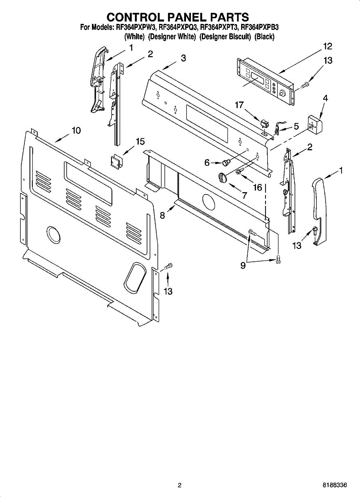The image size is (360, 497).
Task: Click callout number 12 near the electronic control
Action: [328, 46]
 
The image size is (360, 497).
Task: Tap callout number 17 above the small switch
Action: [239, 105]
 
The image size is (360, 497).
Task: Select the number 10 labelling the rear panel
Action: [76, 130]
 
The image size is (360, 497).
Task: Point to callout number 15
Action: [140, 142]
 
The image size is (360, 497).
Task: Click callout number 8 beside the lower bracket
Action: [162, 215]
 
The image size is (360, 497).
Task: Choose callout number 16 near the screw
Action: [258, 187]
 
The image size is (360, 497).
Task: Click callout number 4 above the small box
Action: [325, 98]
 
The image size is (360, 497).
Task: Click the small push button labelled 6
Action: [226, 162]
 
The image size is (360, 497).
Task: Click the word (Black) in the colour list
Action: [265, 36]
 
